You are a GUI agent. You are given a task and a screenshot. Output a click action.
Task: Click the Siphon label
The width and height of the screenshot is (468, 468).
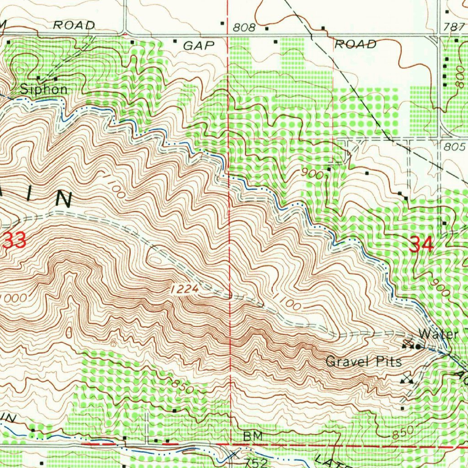(x=44, y=89)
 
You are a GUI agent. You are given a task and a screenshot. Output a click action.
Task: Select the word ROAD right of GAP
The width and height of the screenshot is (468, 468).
(x=356, y=44)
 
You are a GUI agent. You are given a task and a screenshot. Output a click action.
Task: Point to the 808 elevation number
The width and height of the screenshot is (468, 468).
(x=244, y=27)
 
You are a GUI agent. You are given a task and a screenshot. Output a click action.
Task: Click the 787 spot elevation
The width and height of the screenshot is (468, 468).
(x=454, y=27)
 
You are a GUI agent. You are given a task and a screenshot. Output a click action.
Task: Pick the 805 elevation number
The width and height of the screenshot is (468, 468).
(x=454, y=147)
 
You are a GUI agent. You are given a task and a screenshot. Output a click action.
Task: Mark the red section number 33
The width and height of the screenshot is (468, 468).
(x=14, y=240)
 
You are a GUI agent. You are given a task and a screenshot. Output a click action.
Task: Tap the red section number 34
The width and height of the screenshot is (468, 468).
(x=421, y=245)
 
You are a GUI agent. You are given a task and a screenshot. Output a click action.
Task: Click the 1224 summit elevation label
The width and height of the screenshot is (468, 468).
(x=185, y=289)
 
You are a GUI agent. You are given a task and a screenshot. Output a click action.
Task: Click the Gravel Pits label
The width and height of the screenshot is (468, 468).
(x=364, y=362)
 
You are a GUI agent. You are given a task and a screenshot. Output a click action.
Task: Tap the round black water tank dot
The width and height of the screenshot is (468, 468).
(x=418, y=347)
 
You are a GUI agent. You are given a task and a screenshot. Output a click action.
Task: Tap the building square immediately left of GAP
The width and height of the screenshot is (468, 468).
(x=175, y=41)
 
